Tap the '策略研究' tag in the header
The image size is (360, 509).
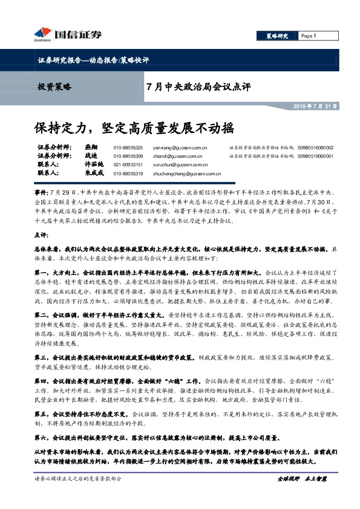coord(276,36)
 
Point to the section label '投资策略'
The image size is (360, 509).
coord(54,87)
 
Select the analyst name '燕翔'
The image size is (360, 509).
coord(91,148)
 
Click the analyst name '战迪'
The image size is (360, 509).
coord(91,156)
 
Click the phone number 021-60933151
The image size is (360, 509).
coord(128,164)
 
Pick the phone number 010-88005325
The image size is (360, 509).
coord(128,148)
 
